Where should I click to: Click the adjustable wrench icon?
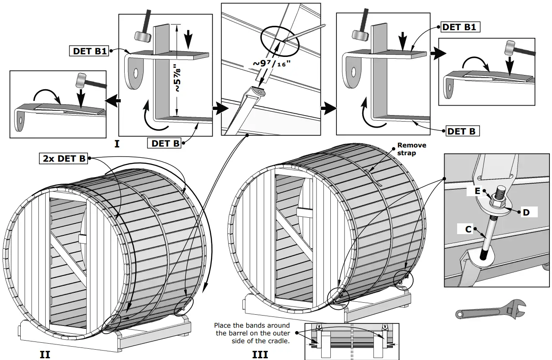[x=490, y=310]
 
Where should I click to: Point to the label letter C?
[x=468, y=229]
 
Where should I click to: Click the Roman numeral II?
[x=45, y=354]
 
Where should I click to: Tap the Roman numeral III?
[x=260, y=354]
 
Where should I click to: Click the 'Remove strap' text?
[x=411, y=149]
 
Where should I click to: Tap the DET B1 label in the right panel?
[x=459, y=27]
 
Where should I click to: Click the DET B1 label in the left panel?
[x=89, y=51]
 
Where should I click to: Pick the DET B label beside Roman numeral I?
[x=165, y=143]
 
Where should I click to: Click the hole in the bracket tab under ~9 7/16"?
[x=260, y=91]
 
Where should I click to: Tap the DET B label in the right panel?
[x=461, y=131]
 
